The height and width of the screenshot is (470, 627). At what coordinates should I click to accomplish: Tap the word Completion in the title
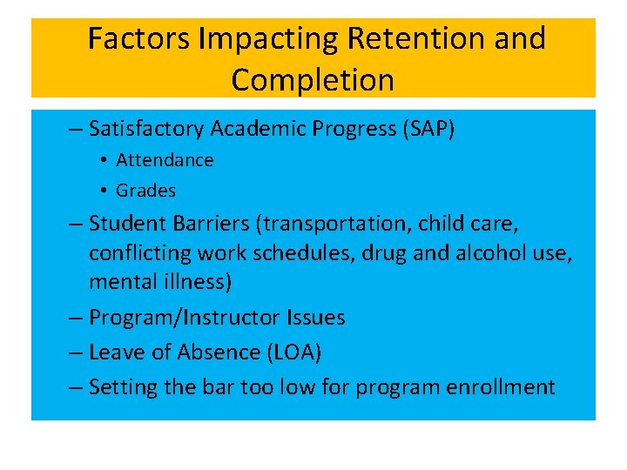point(313,79)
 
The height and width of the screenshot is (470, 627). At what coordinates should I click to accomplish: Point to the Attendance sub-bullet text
point(165,160)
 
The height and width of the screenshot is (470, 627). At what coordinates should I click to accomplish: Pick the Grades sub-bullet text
point(145,190)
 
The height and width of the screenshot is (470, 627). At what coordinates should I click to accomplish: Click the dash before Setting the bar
point(76,387)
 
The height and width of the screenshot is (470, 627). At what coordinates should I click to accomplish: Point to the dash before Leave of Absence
point(76,352)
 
